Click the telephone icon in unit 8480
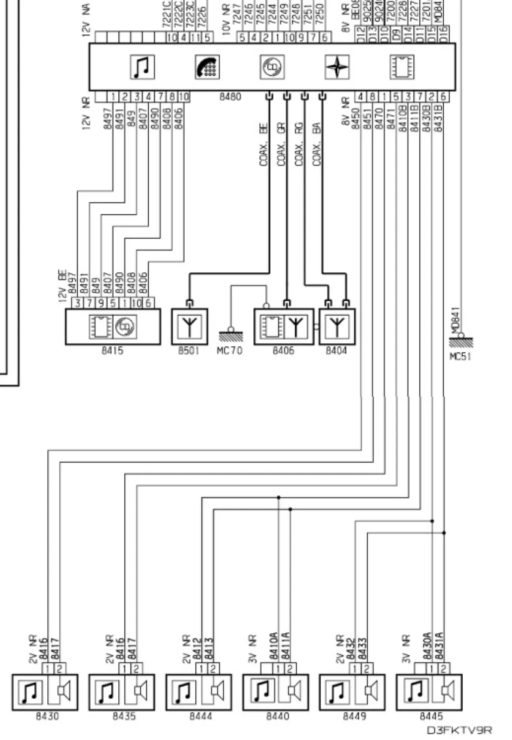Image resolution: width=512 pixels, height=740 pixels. (207, 67)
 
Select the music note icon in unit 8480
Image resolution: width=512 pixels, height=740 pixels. (142, 67)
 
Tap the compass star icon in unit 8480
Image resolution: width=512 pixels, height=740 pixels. (337, 67)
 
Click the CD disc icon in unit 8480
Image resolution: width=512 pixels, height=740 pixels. (272, 67)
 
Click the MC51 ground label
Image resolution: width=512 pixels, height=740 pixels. (460, 357)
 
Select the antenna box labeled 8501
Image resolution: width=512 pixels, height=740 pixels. (190, 327)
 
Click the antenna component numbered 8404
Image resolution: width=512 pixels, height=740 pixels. (337, 327)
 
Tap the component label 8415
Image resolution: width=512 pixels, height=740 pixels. (113, 351)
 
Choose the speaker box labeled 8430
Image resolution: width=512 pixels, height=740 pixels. (45, 692)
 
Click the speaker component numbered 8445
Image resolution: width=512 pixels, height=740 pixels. (429, 692)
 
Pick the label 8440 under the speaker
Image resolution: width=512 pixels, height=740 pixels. (277, 716)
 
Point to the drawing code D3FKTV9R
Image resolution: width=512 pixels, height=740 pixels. (459, 730)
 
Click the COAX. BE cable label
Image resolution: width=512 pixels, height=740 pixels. (264, 145)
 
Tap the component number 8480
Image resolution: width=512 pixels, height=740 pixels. (230, 97)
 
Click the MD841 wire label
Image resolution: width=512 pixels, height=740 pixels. (455, 320)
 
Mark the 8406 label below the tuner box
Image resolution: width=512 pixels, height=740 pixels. (283, 351)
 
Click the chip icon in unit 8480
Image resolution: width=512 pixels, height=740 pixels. (402, 67)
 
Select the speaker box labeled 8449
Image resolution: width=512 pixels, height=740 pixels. (352, 692)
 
